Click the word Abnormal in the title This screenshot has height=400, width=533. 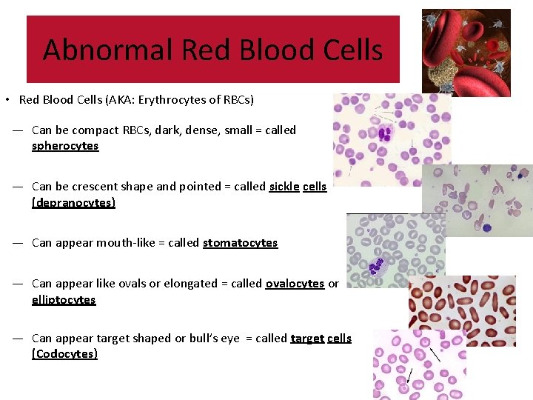point(108,50)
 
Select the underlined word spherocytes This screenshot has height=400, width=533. point(65,146)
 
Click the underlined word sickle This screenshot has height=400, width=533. point(284,187)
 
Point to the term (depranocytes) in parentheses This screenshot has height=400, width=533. point(73,203)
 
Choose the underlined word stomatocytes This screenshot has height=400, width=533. point(240,243)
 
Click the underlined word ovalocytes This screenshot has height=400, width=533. point(295,284)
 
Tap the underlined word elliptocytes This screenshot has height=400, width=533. point(64,300)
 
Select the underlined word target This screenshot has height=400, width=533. point(307,339)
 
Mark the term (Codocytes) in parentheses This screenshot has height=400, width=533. point(64,354)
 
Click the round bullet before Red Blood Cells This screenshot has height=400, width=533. point(6,100)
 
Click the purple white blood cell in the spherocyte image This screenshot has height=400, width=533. point(384,134)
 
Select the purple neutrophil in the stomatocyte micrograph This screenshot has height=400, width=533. point(376,264)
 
